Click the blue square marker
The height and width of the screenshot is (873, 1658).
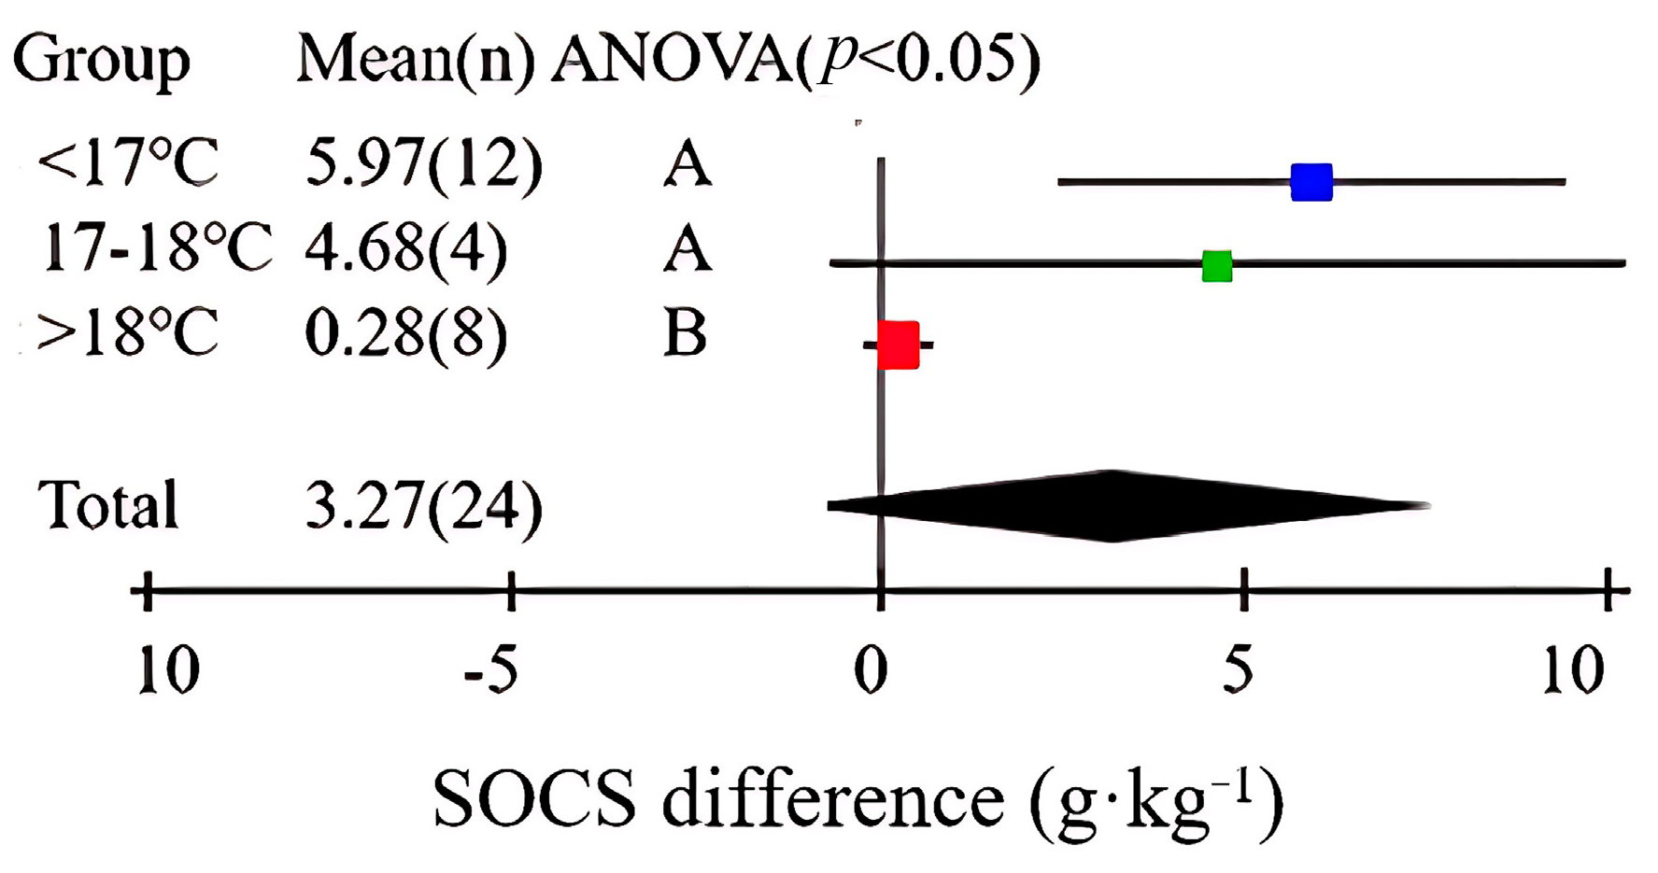click(x=1311, y=182)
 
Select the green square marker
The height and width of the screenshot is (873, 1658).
click(x=1216, y=266)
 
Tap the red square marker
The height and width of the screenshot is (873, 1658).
click(x=898, y=345)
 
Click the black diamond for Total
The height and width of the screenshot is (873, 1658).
click(x=1112, y=506)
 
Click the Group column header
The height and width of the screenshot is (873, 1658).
click(x=101, y=60)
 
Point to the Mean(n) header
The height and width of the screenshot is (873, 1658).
click(x=416, y=60)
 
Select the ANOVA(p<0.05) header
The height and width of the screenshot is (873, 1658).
click(x=795, y=60)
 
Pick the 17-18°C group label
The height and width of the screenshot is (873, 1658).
click(x=156, y=248)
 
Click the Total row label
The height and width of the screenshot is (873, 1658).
click(x=107, y=506)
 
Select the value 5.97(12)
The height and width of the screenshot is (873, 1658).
click(x=423, y=164)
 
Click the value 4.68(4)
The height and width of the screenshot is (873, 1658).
click(x=406, y=248)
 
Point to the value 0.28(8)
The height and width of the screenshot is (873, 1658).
click(x=406, y=333)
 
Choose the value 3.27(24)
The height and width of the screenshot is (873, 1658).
click(x=423, y=506)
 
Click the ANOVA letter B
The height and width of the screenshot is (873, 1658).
click(x=685, y=333)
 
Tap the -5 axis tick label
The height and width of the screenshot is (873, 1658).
click(x=491, y=670)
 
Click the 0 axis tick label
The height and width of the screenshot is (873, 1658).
click(x=871, y=670)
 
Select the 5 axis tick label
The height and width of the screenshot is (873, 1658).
click(x=1238, y=670)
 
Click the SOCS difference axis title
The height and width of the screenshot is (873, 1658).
click(x=857, y=801)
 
